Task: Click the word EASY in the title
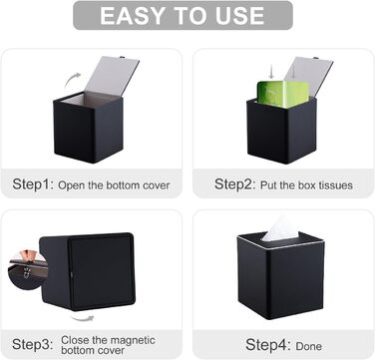(x=128, y=16)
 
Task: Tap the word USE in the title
(x=239, y=16)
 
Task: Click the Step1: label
(x=33, y=183)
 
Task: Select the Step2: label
(x=234, y=183)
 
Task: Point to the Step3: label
(x=33, y=344)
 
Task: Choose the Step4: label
(x=268, y=345)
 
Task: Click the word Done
(x=309, y=346)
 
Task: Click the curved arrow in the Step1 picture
(x=72, y=79)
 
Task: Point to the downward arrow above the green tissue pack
(x=271, y=72)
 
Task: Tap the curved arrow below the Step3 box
(x=82, y=318)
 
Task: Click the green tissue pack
(x=283, y=94)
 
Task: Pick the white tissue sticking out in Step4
(x=279, y=228)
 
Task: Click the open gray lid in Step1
(x=112, y=77)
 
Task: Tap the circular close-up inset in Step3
(x=28, y=270)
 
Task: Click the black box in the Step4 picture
(x=281, y=275)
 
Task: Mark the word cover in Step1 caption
(x=157, y=185)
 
